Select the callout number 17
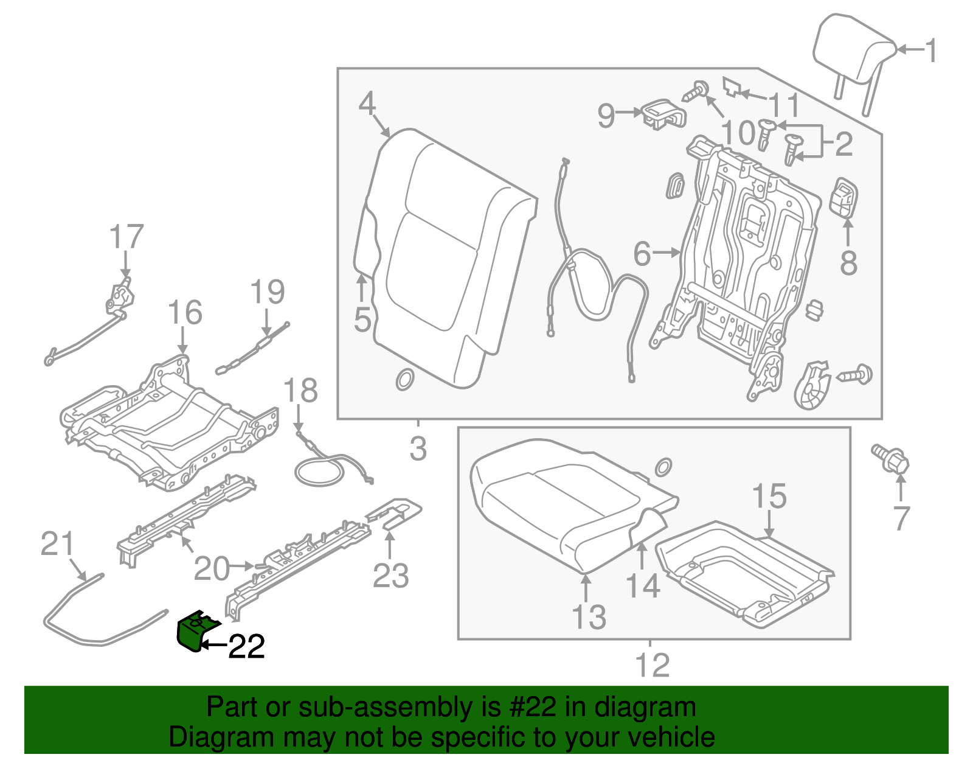[126, 237]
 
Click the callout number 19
[268, 293]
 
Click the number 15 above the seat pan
[769, 497]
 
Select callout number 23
[390, 576]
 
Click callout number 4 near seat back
[367, 104]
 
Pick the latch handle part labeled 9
[663, 114]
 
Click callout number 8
[848, 263]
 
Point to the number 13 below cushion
[589, 617]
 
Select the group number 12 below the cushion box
[652, 665]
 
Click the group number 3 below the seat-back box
[418, 449]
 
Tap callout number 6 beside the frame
[642, 254]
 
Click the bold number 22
[246, 647]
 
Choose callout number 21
[57, 544]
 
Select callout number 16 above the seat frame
[185, 313]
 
